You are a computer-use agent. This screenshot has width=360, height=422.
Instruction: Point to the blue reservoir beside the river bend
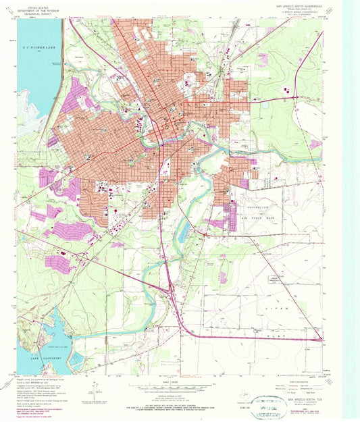coord(182,233)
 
